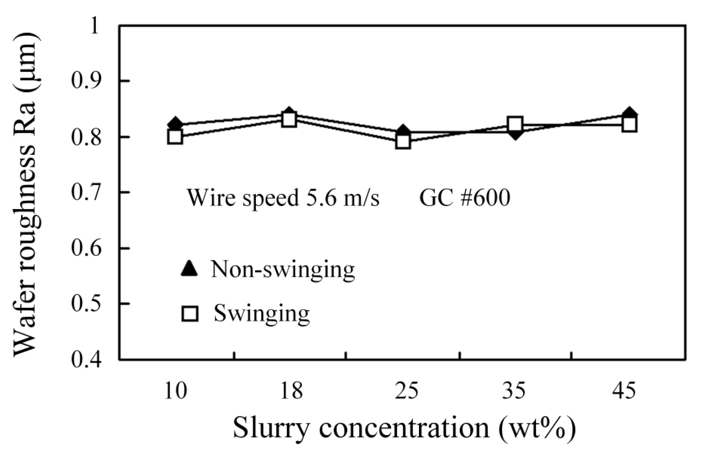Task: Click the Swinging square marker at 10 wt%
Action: point(175,137)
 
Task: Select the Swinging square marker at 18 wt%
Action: point(289,120)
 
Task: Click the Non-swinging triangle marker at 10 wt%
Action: point(176,124)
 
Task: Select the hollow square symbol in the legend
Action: point(190,314)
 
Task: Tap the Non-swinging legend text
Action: point(283,269)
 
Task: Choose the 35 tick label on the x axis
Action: point(513,391)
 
